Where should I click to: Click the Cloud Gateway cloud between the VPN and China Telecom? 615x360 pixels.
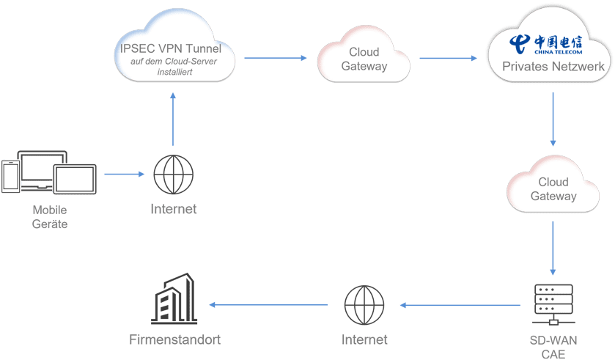[x=364, y=59]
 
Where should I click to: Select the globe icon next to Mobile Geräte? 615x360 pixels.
[x=174, y=175]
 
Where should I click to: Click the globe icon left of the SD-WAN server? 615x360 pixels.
[x=364, y=305]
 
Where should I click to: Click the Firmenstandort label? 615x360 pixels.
[x=174, y=339]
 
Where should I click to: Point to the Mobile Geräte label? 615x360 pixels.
[x=50, y=217]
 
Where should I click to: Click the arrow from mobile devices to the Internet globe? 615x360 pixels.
[x=125, y=175]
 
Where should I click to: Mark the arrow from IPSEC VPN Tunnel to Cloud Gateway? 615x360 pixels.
[x=276, y=58]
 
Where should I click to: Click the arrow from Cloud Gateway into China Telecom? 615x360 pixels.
[x=448, y=58]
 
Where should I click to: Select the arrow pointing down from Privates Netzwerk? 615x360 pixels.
[x=553, y=121]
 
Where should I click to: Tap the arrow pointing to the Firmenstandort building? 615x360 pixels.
[x=268, y=304]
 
